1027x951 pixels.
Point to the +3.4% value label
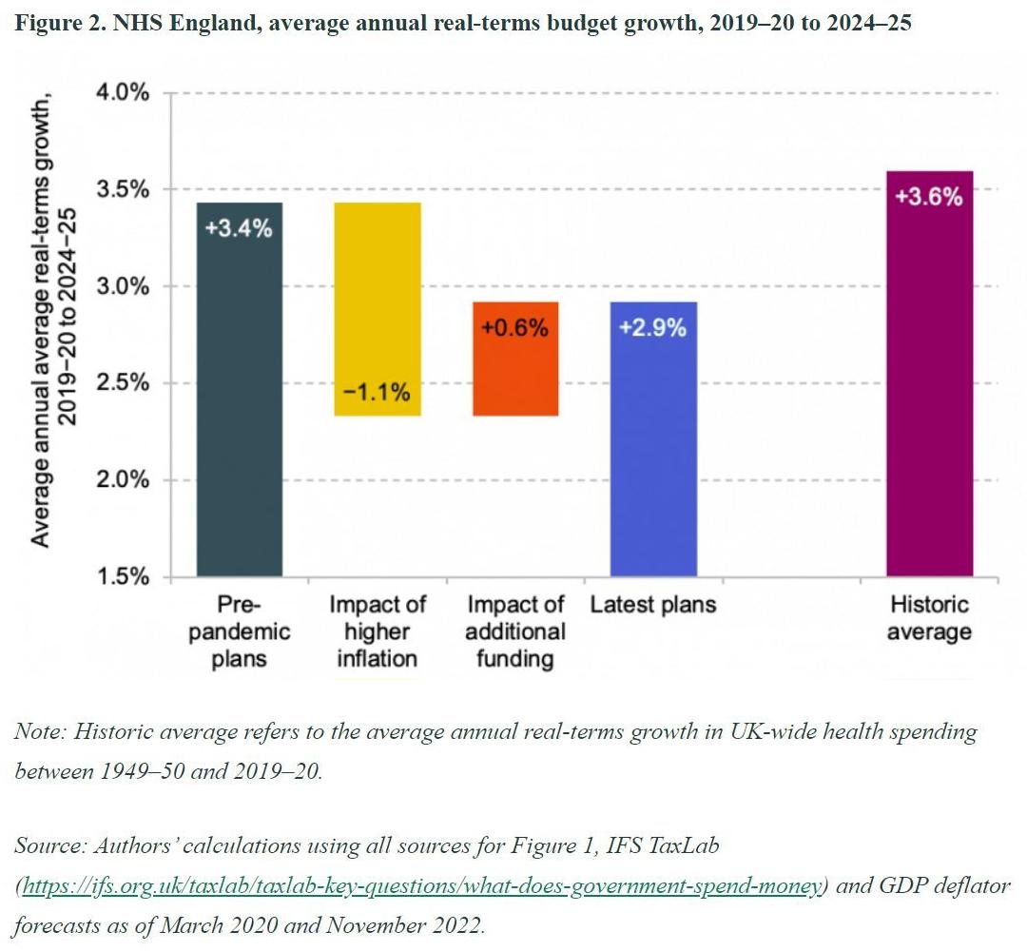pyautogui.click(x=240, y=228)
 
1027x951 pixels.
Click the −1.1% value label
pyautogui.click(x=376, y=391)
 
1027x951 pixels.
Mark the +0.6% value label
pyautogui.click(x=514, y=328)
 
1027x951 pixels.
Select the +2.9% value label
pyautogui.click(x=652, y=328)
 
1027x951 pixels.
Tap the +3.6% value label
pyautogui.click(x=929, y=198)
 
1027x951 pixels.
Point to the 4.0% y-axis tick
pyautogui.click(x=123, y=93)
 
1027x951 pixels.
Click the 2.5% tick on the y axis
pyautogui.click(x=123, y=383)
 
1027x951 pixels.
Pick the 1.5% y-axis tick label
pyautogui.click(x=123, y=577)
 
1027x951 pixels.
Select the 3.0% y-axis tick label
pyautogui.click(x=123, y=286)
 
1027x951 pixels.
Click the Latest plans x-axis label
pyautogui.click(x=653, y=605)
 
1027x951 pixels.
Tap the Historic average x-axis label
pyautogui.click(x=929, y=618)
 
